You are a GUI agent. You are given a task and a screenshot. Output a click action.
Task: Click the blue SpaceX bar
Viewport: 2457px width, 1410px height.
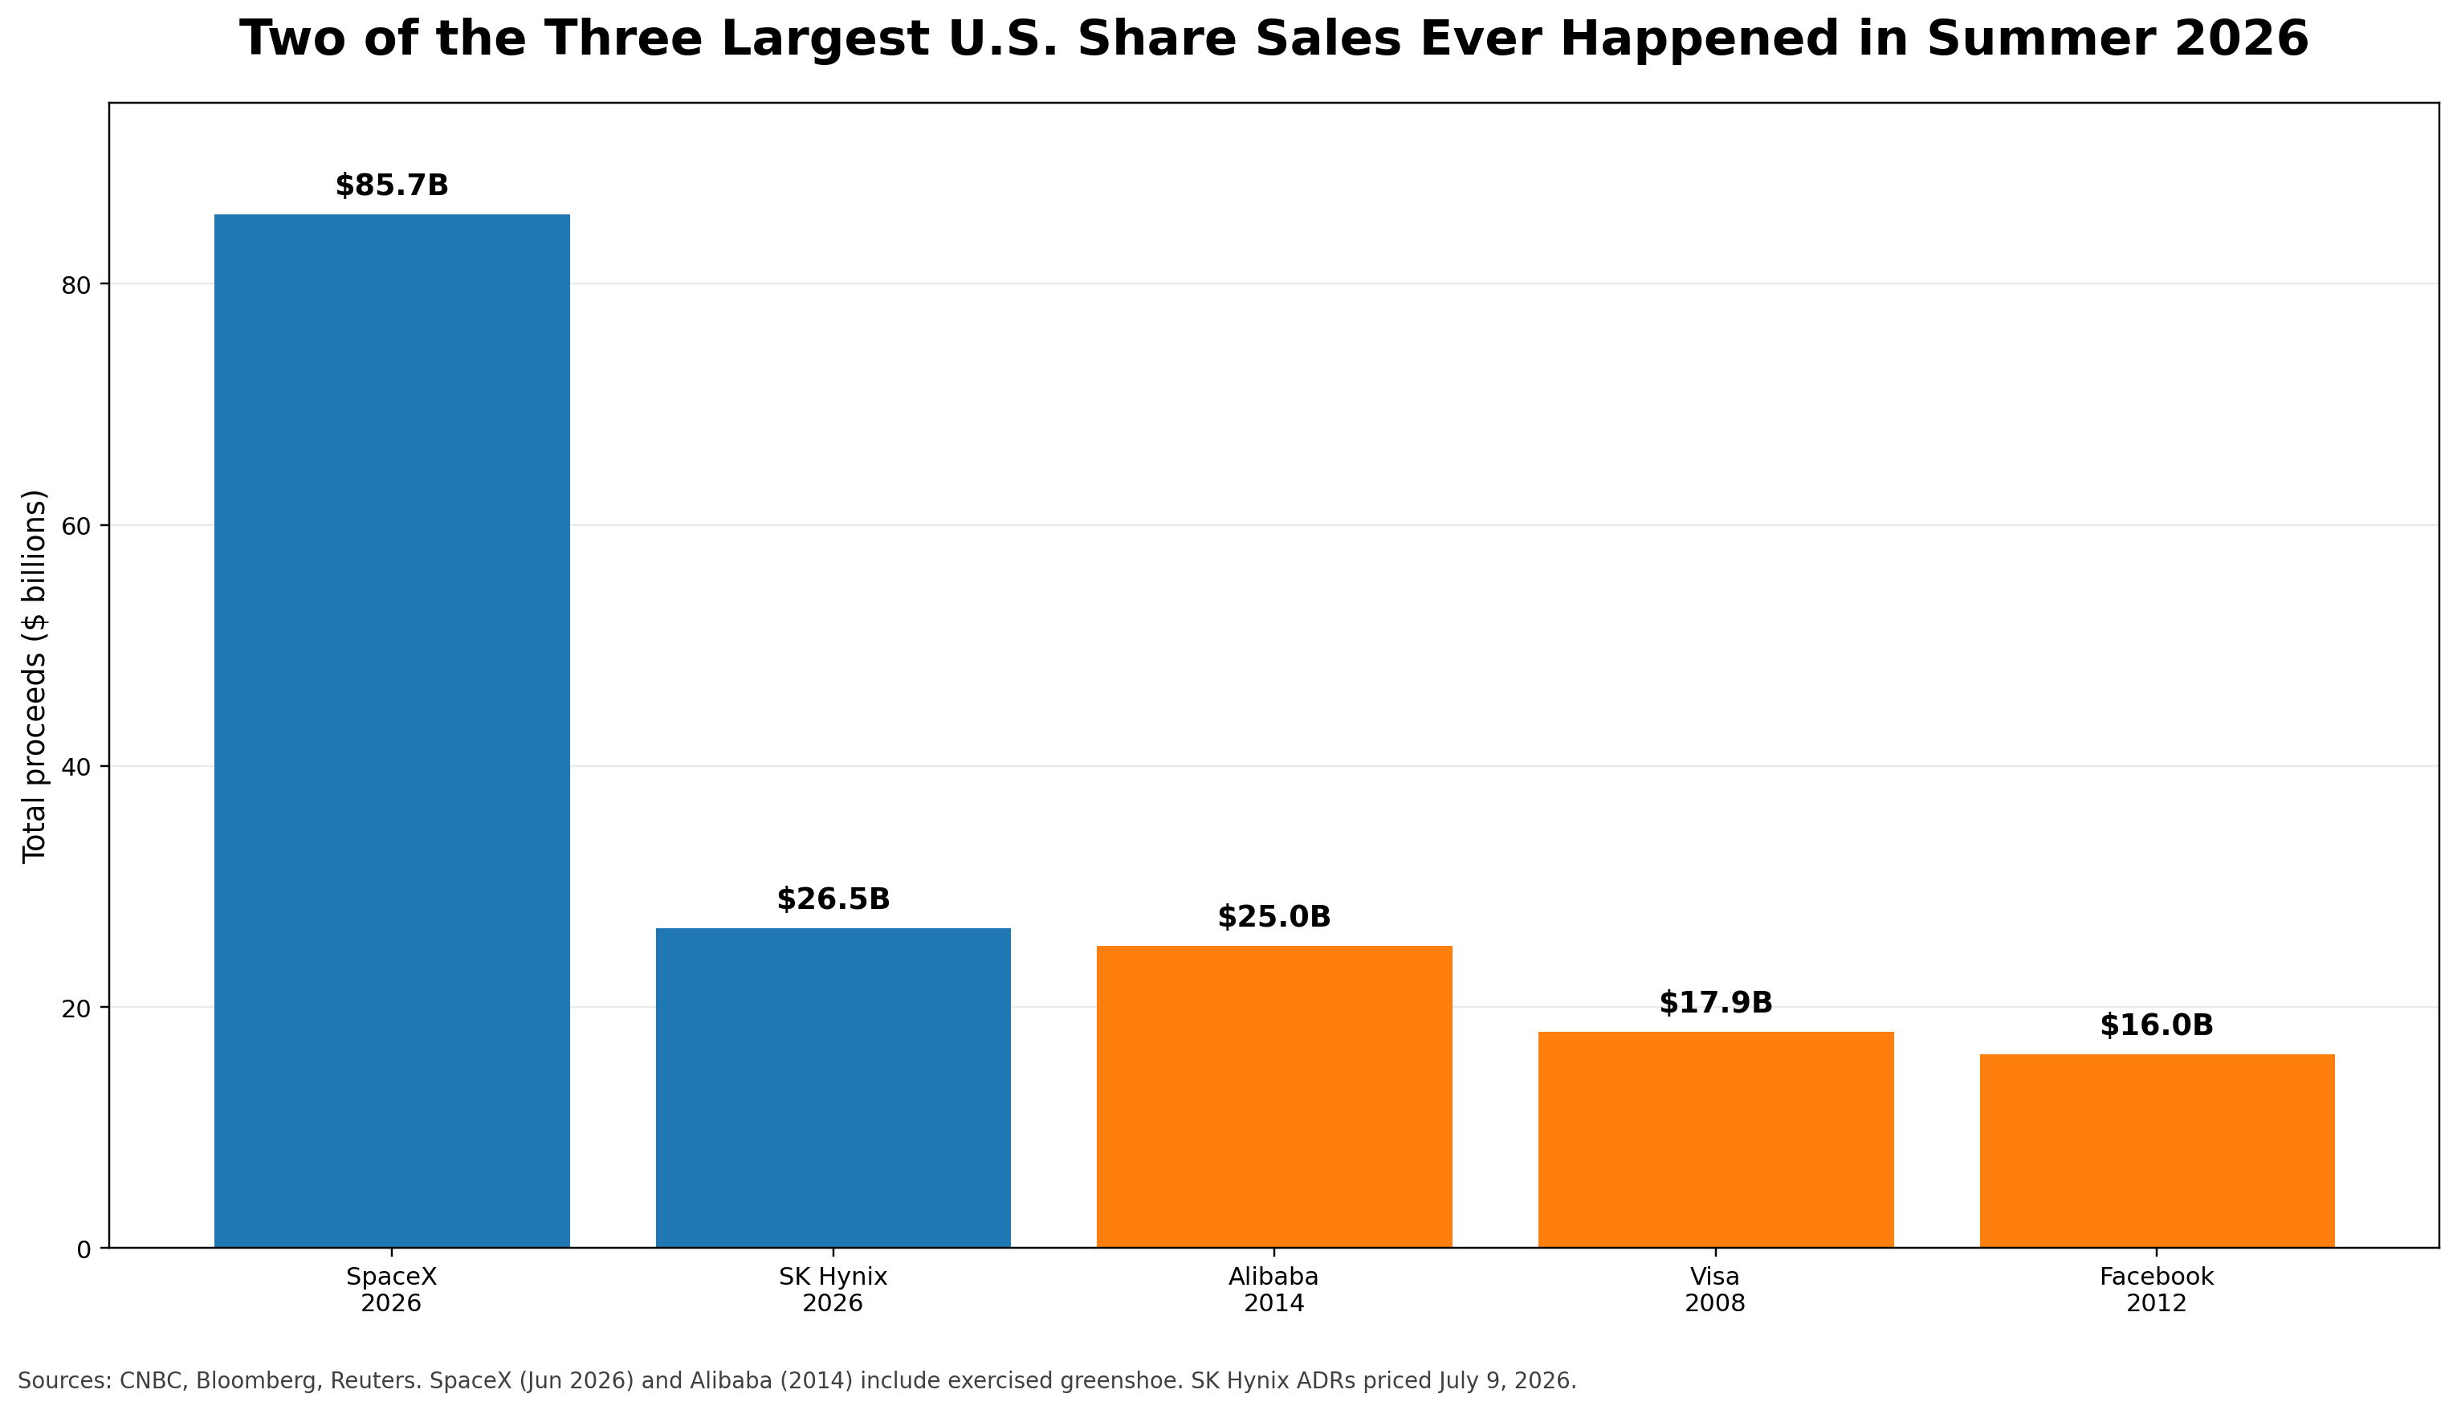click(x=391, y=731)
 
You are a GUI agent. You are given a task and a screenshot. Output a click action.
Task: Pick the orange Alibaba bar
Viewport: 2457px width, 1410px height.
click(x=1274, y=1097)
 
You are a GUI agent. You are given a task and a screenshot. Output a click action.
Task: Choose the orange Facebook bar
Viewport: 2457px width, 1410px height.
click(x=2157, y=1151)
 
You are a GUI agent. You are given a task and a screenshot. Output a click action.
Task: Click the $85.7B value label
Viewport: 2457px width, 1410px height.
click(x=392, y=186)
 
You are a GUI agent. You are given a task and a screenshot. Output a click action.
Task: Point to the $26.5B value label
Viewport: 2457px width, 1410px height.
click(x=833, y=899)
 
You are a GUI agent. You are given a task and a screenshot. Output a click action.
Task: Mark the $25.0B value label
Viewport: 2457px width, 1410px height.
click(x=1274, y=917)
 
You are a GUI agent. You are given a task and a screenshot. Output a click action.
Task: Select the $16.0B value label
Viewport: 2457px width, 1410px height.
click(x=2157, y=1025)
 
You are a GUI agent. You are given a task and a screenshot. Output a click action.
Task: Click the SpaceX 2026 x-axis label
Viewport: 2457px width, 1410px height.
click(x=391, y=1290)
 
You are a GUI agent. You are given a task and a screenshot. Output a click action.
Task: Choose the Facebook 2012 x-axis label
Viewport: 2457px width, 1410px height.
click(x=2157, y=1290)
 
